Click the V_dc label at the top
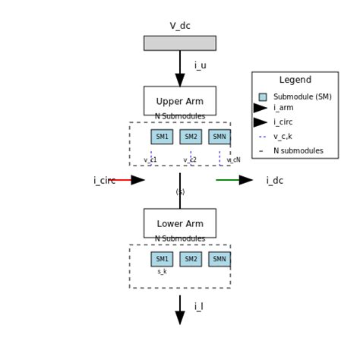(x=180, y=26)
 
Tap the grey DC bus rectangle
(x=180, y=43)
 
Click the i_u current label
(x=200, y=66)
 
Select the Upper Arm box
(x=180, y=101)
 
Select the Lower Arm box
(x=180, y=223)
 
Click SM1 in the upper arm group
(x=162, y=137)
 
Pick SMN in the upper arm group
(x=219, y=137)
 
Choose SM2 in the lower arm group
(x=191, y=259)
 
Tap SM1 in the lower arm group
(x=162, y=259)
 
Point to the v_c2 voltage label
(x=190, y=160)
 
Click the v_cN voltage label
(x=233, y=160)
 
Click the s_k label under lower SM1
(x=162, y=272)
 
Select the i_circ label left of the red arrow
(x=104, y=181)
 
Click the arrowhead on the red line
(x=137, y=180)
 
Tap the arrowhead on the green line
(x=245, y=180)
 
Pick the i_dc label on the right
(x=274, y=181)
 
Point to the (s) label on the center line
(x=180, y=192)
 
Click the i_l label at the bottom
(x=198, y=307)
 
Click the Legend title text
(x=295, y=81)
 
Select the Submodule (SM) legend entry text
(x=302, y=97)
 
